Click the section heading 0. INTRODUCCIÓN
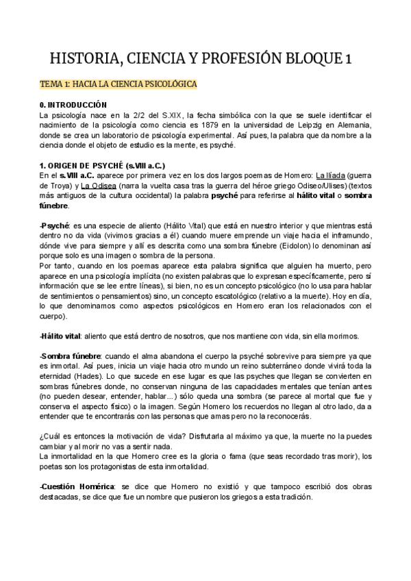(x=73, y=105)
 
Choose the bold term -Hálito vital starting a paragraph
(x=61, y=336)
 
